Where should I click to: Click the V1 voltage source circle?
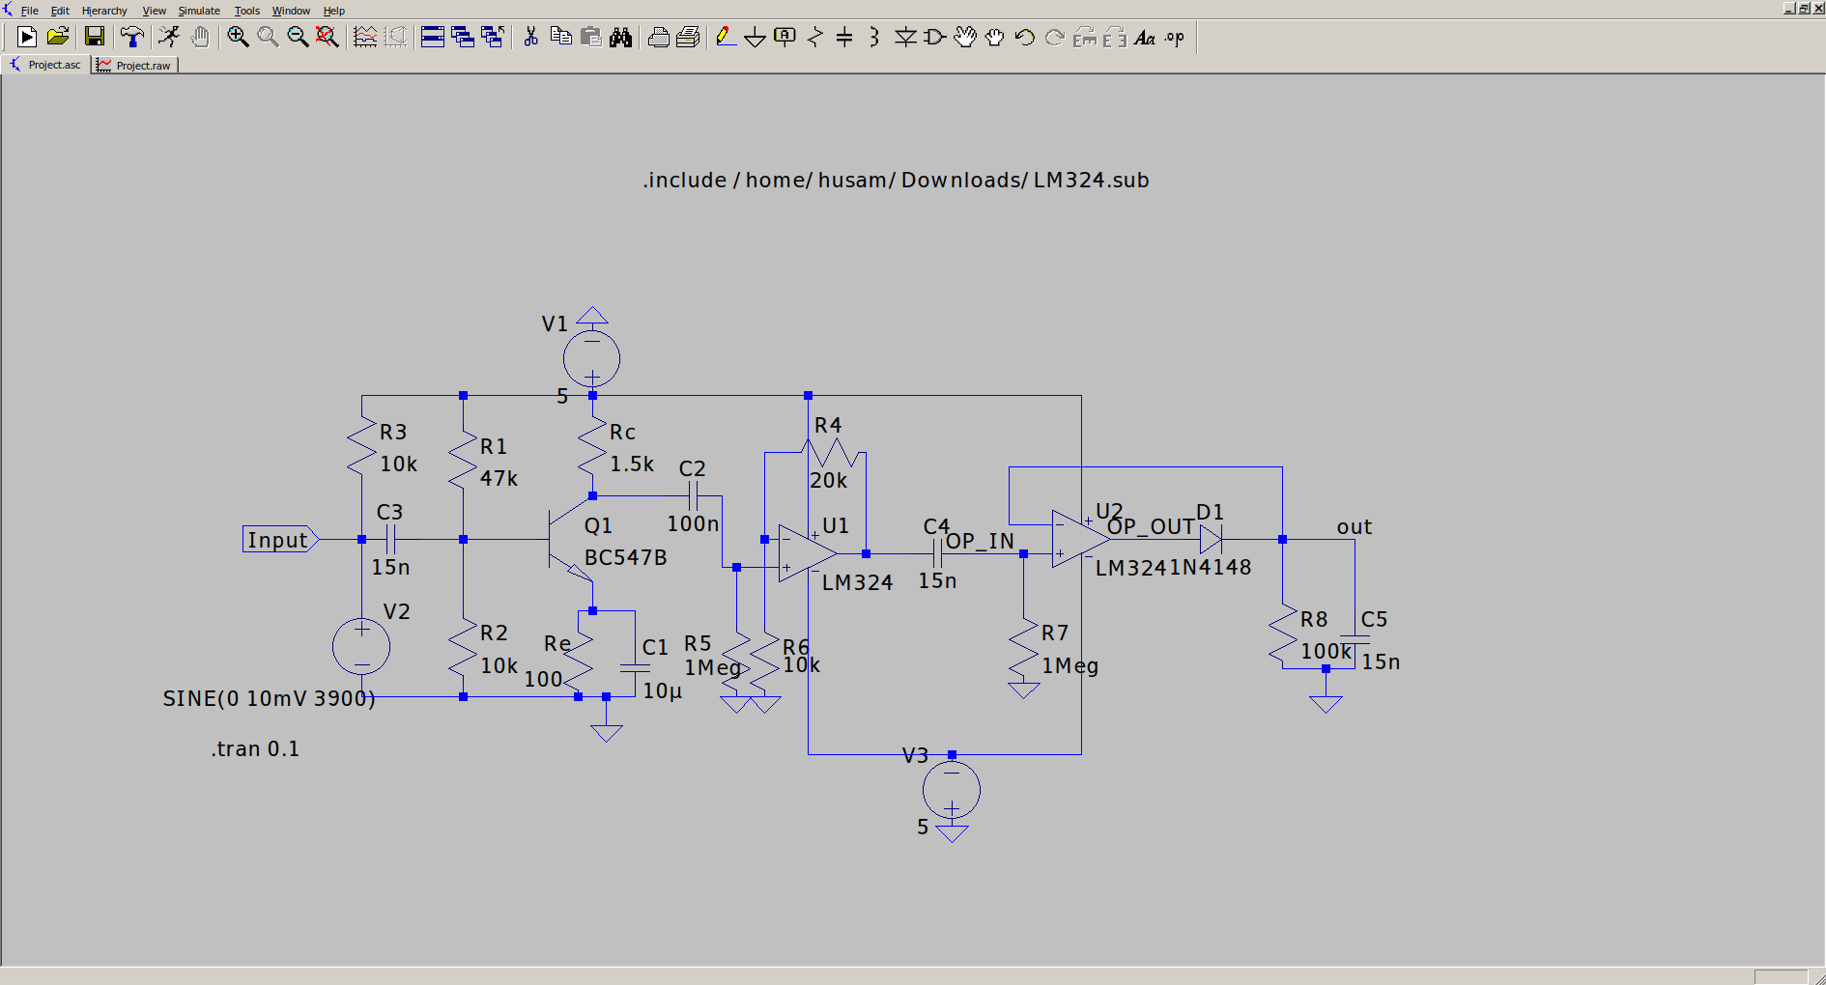pos(591,358)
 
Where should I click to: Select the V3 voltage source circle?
pos(951,790)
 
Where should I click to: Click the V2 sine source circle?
pos(361,646)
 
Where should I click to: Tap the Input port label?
pos(277,540)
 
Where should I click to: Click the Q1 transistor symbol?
pos(570,541)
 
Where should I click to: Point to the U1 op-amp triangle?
pos(805,553)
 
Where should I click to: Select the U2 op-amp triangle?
pos(1078,539)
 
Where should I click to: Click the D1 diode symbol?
pos(1211,539)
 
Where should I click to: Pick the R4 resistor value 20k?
pos(828,481)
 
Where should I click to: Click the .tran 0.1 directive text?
pos(255,749)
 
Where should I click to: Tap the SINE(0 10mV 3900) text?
pos(269,698)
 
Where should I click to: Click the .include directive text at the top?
pos(896,181)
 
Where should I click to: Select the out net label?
pos(1354,527)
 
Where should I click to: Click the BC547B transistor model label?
pos(625,558)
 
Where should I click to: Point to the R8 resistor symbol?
pos(1283,635)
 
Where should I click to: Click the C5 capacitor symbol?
pos(1355,638)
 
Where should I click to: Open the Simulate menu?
pos(199,11)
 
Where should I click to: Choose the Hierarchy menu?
pos(104,11)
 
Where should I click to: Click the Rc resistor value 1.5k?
pos(632,464)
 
